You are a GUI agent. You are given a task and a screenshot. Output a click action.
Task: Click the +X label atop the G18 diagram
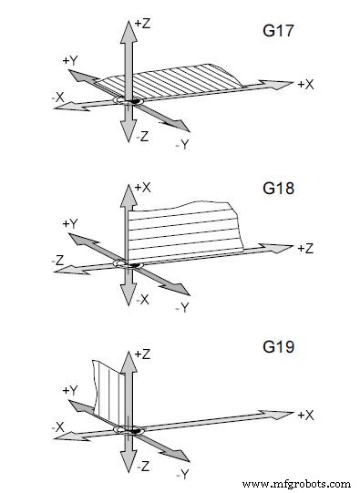pyautogui.click(x=141, y=187)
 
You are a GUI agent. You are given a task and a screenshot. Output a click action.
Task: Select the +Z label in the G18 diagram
pyautogui.click(x=305, y=249)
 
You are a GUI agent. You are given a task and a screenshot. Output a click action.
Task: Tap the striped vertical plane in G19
pyautogui.click(x=108, y=392)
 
